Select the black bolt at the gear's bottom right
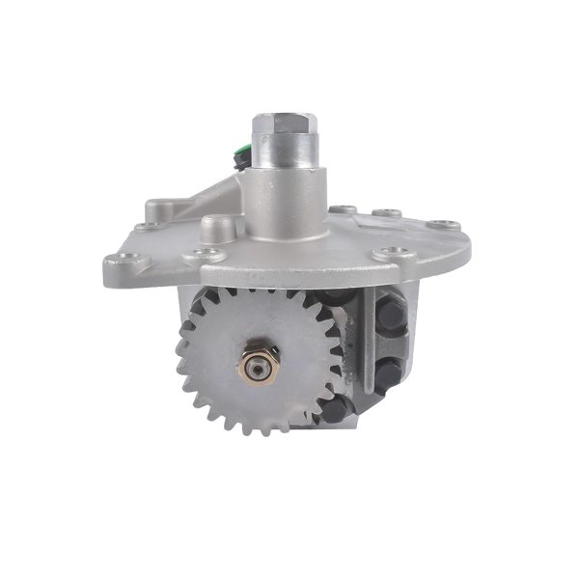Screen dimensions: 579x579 point(333,410)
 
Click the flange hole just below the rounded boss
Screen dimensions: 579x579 point(207,255)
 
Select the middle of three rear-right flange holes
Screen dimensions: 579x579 point(388,213)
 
